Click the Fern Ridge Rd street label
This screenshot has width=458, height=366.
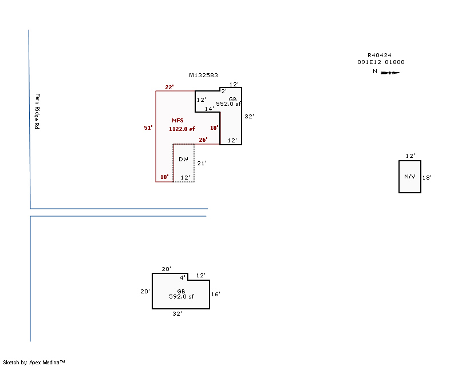[37, 111]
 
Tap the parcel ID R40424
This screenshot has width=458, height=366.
[380, 55]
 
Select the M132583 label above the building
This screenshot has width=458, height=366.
[203, 75]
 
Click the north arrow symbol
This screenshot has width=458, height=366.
[390, 73]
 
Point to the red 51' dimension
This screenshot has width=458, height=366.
[148, 128]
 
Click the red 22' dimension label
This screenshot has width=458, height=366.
[169, 87]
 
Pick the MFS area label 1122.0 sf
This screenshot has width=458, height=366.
[182, 129]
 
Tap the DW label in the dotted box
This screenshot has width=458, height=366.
[183, 160]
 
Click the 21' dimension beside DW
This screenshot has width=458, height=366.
[202, 164]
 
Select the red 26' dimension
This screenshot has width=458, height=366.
[203, 140]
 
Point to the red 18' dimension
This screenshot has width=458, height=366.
[214, 128]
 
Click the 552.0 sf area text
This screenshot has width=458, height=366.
[228, 104]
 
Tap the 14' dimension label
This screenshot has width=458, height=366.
[209, 109]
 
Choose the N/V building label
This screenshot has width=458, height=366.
[410, 177]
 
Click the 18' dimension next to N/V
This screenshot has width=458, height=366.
[427, 177]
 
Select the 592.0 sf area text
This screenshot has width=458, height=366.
[181, 297]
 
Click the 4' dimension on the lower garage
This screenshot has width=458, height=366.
[183, 277]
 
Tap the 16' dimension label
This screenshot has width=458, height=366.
[216, 294]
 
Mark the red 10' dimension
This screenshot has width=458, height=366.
[164, 177]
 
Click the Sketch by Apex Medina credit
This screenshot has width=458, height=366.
[34, 363]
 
